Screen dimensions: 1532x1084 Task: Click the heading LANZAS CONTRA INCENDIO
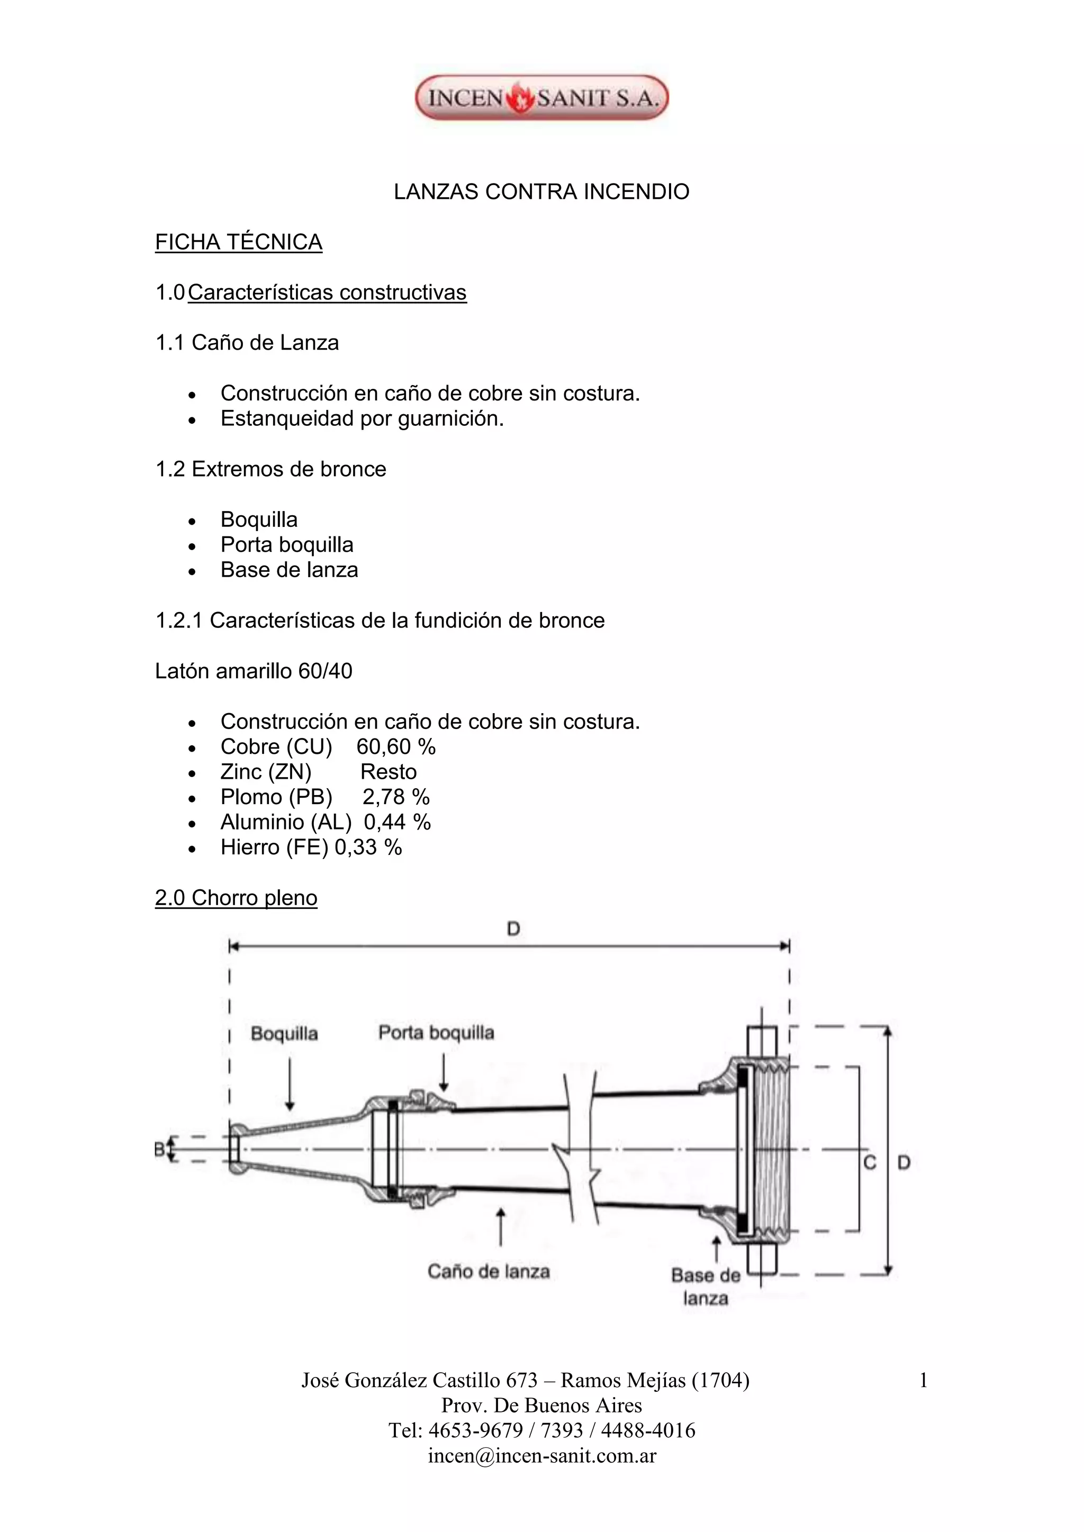pos(541,192)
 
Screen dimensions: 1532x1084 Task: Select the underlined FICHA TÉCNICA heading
pos(238,242)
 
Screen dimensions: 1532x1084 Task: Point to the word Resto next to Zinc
pos(389,772)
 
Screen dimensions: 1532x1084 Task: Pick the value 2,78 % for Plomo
pos(396,797)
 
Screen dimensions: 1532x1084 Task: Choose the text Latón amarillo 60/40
pos(254,671)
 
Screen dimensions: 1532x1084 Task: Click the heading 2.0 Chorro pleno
pos(236,898)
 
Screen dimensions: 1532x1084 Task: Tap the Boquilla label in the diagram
pos(284,1034)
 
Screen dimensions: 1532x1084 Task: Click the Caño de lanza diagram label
pos(489,1271)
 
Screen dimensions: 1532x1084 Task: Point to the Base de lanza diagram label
pos(706,1287)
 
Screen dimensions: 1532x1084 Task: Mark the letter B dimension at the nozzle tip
pos(159,1149)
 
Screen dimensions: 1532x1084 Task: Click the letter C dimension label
pos(870,1162)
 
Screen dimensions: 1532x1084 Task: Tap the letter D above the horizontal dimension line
pos(513,929)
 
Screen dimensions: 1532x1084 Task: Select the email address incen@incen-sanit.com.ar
pos(542,1456)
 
